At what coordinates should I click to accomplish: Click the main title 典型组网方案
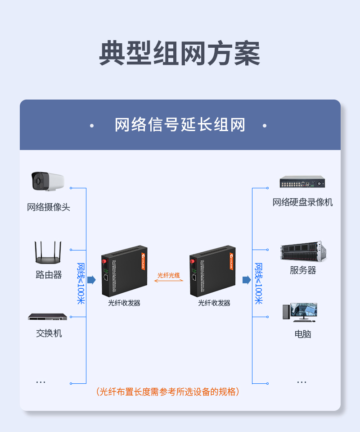tap(180, 54)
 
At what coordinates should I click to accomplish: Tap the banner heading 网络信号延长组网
tap(180, 125)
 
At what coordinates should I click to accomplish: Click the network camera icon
tap(47, 181)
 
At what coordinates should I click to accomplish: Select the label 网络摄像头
tap(49, 207)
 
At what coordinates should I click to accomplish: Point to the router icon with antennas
tap(48, 253)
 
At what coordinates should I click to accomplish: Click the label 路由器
tap(49, 275)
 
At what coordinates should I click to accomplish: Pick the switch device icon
tap(48, 317)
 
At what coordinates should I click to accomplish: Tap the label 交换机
tap(49, 333)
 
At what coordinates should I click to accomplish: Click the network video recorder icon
tap(302, 182)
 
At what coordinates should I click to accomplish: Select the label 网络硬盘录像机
tap(302, 202)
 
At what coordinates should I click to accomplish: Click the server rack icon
tap(302, 251)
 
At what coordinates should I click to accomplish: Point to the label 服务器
tap(303, 270)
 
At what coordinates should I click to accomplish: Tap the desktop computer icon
tap(300, 312)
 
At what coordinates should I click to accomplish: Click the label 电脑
tap(302, 334)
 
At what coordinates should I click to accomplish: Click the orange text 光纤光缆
tap(169, 275)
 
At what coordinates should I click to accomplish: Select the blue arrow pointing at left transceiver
tap(91, 280)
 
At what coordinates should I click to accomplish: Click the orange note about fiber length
tap(168, 391)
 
